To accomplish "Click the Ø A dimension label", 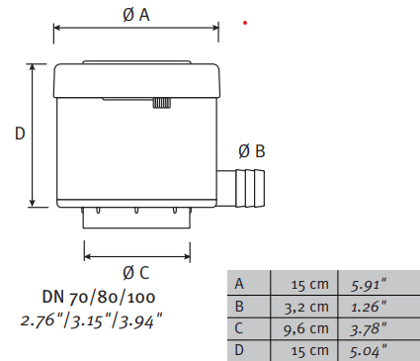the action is [x=136, y=15].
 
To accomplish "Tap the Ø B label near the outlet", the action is [x=252, y=151].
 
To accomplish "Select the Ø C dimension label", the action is [x=136, y=273].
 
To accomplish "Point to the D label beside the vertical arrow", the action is [x=20, y=134].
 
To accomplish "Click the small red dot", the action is [x=245, y=23].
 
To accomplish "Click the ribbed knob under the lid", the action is [x=161, y=103].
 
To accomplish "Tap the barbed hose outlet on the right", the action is [x=241, y=189].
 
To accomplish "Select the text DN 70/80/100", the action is [x=99, y=297].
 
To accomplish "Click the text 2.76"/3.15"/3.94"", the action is [x=92, y=320].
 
